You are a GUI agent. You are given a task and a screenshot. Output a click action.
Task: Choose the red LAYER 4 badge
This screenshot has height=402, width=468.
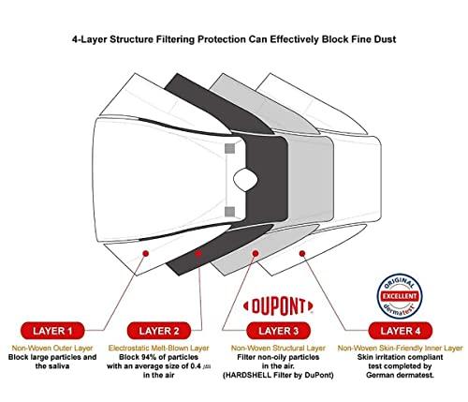coord(397,330)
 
